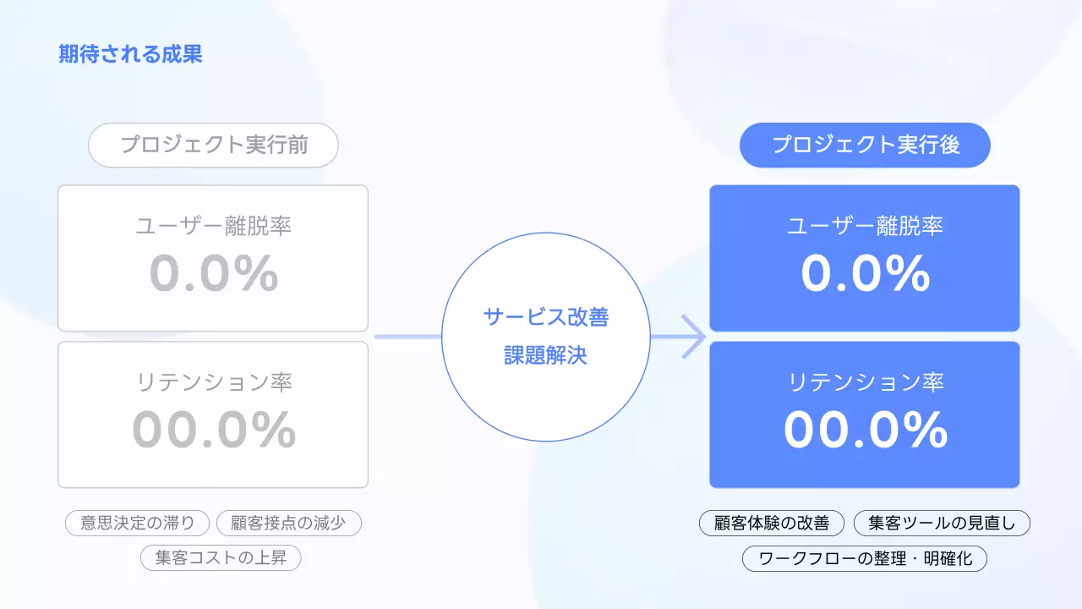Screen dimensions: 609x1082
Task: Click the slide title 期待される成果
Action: click(x=130, y=55)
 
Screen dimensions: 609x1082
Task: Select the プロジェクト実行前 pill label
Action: click(x=213, y=145)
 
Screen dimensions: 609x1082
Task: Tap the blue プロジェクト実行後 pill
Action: click(x=865, y=145)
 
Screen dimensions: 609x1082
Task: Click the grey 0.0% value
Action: click(x=214, y=274)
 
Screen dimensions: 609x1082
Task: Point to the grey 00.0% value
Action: click(x=214, y=430)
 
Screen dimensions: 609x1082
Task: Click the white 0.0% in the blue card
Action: click(x=865, y=274)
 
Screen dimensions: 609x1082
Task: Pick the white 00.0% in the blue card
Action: click(x=865, y=430)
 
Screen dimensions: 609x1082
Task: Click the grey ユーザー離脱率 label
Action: click(x=214, y=226)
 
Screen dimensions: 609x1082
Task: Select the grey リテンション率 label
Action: click(x=214, y=382)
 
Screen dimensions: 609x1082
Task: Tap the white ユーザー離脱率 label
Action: click(x=865, y=226)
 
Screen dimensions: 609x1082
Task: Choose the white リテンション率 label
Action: click(x=865, y=382)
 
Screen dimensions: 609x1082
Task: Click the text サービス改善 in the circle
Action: click(x=545, y=317)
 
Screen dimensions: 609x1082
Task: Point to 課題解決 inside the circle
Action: click(x=545, y=356)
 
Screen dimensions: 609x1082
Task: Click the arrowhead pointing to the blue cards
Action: click(x=695, y=337)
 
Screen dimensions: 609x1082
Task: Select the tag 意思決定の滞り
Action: click(x=137, y=523)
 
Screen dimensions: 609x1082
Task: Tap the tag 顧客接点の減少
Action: click(x=288, y=523)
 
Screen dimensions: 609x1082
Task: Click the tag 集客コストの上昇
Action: click(x=221, y=558)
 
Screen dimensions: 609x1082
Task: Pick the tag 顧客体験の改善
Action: click(x=771, y=523)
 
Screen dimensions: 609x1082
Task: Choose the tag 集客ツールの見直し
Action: click(x=942, y=523)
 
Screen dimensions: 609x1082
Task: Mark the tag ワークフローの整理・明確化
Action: click(x=864, y=558)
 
